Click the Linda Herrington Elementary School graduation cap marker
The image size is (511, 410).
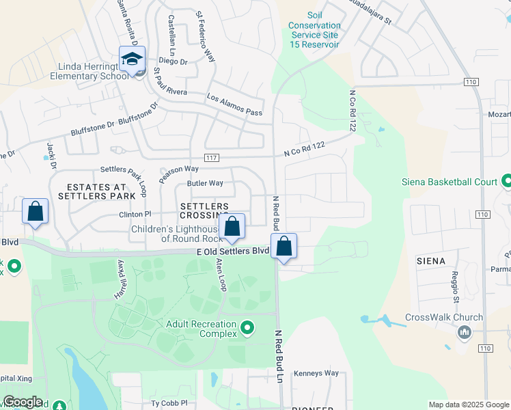[x=132, y=59]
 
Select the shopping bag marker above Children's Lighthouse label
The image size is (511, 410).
[x=232, y=226]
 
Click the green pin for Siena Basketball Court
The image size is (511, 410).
[x=506, y=182]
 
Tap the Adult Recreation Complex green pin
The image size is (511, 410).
[x=247, y=329]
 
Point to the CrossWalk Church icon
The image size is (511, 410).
[x=465, y=333]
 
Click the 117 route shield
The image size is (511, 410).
[x=211, y=159]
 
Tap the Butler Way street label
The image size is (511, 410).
[x=205, y=183]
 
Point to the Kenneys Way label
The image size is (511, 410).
[x=316, y=373]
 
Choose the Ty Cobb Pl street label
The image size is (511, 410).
[x=169, y=403]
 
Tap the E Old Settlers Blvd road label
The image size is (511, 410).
[x=232, y=251]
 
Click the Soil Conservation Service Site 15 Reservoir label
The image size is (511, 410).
[x=314, y=29]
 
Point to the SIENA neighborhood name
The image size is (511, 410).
[x=430, y=261]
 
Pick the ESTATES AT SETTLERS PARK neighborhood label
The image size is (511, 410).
[x=97, y=191]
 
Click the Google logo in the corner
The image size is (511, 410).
[x=23, y=402]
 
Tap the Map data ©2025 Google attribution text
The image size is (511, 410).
[x=468, y=405]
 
